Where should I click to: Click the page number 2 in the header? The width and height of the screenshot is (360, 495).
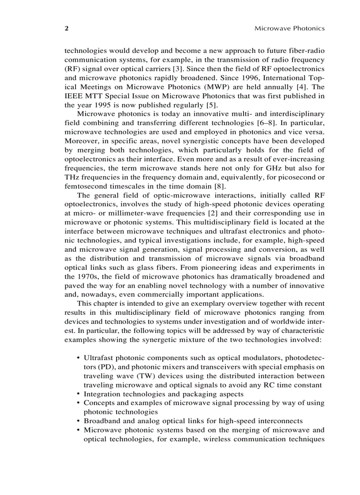pos(67,28)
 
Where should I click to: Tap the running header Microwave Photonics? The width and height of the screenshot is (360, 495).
pos(289,28)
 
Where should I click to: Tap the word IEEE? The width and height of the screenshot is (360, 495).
pos(73,96)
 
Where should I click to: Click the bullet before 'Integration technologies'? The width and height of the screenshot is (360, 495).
pos(78,394)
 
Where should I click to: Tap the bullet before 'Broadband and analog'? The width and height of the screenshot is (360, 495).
pos(78,421)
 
